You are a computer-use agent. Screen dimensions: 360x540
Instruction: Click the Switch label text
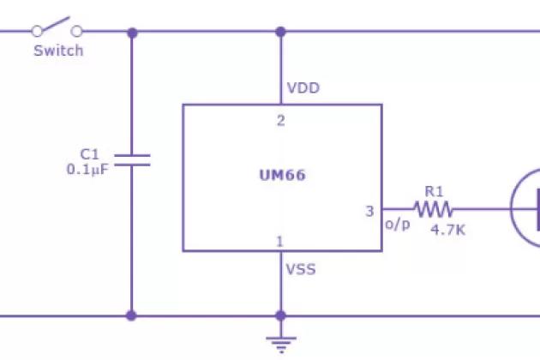[x=58, y=51]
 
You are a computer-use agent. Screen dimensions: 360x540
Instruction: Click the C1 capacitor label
[x=90, y=153]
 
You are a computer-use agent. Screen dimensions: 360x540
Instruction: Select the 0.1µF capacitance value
[x=87, y=169]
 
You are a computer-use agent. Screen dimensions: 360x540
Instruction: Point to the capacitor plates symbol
[x=131, y=159]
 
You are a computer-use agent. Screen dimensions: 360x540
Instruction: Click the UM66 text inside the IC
[x=282, y=176]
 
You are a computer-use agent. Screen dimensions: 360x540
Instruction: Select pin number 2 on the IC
[x=280, y=120]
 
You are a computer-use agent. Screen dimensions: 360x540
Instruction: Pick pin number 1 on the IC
[x=279, y=242]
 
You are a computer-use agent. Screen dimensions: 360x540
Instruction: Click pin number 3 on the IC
[x=369, y=211]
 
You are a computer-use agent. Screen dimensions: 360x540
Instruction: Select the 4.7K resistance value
[x=448, y=229]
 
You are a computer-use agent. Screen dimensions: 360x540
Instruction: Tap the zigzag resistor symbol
[x=433, y=208]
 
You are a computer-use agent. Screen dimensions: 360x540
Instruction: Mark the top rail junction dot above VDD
[x=279, y=33]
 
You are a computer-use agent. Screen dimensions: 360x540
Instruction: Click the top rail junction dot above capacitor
[x=131, y=33]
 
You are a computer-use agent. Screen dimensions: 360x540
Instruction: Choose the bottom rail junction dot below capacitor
[x=131, y=315]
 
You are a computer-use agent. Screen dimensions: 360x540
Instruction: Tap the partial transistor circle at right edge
[x=525, y=208]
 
